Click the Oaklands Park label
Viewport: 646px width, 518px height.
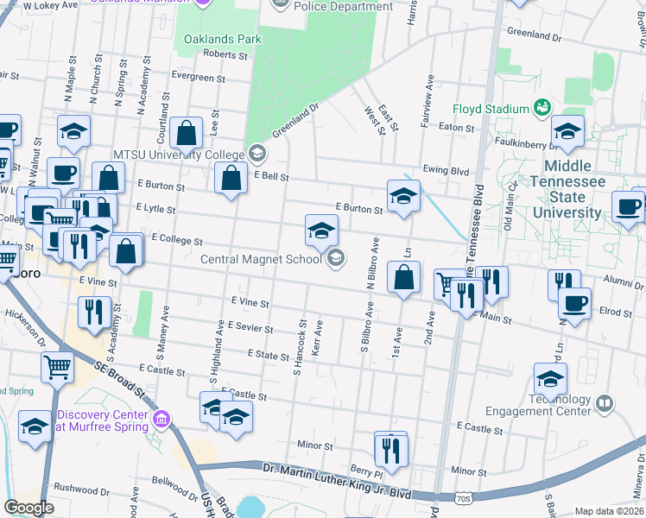point(221,40)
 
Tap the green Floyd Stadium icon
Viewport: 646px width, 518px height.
point(542,108)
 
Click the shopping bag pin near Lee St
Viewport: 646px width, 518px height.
point(186,134)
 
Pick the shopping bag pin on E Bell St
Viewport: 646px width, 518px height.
point(231,180)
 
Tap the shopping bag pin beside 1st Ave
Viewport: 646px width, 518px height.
point(403,278)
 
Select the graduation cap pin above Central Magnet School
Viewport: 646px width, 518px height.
point(321,231)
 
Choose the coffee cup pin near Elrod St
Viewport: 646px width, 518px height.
point(574,303)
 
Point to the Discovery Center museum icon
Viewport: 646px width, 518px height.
point(160,420)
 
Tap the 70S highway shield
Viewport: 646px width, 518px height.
point(462,498)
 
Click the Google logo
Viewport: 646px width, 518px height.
point(28,508)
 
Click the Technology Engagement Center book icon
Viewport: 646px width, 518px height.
point(605,403)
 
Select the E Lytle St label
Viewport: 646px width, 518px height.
point(155,209)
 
